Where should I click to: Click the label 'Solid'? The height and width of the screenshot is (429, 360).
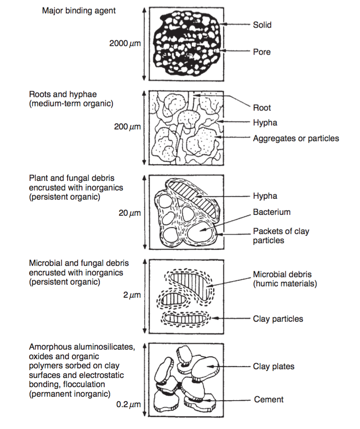[x=262, y=25]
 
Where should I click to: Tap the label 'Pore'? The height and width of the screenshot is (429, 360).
[x=262, y=52]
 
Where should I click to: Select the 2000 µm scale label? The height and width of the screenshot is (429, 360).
[x=125, y=44]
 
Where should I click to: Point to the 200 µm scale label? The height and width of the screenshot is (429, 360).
[x=127, y=126]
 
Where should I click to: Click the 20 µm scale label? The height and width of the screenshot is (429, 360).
[x=129, y=213]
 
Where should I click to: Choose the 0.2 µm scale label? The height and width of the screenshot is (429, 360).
[x=129, y=405]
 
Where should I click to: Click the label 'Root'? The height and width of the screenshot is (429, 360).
[x=262, y=108]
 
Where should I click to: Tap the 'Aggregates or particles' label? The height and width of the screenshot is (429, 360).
[x=295, y=139]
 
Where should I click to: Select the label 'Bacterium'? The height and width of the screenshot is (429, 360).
[x=272, y=212]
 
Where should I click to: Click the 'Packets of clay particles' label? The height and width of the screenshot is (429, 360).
[x=281, y=236]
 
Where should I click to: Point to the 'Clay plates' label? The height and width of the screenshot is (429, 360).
[x=273, y=366]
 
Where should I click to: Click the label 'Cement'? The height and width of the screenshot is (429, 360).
[x=268, y=399]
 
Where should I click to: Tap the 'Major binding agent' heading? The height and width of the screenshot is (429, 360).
[x=79, y=10]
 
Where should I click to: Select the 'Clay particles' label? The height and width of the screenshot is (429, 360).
[x=278, y=319]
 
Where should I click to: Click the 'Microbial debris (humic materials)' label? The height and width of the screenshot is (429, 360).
[x=284, y=279]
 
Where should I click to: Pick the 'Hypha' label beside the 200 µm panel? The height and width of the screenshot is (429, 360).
[x=265, y=123]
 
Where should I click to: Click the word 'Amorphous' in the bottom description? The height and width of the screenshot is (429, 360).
[x=48, y=347]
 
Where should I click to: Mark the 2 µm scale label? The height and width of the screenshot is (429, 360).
[x=132, y=295]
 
